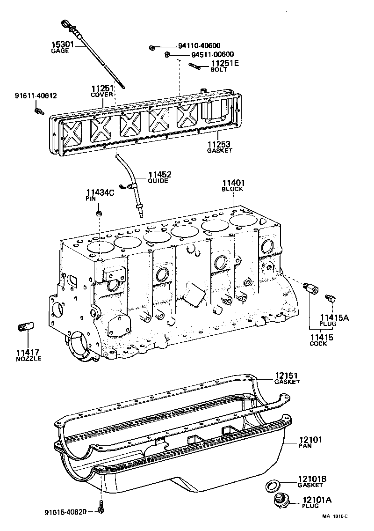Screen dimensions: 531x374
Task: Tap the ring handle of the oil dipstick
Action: [65, 24]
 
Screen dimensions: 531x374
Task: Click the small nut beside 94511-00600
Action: [167, 55]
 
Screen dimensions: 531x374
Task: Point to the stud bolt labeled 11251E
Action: [195, 66]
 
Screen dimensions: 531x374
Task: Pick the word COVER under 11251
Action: [102, 95]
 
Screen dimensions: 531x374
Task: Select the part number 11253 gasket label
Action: [219, 145]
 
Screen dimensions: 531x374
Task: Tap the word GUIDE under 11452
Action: [158, 181]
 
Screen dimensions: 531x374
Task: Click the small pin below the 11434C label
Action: [99, 214]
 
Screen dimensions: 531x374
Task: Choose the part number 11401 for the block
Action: [233, 183]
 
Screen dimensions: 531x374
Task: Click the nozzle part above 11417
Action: [27, 326]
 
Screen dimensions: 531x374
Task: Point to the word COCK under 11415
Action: [318, 344]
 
